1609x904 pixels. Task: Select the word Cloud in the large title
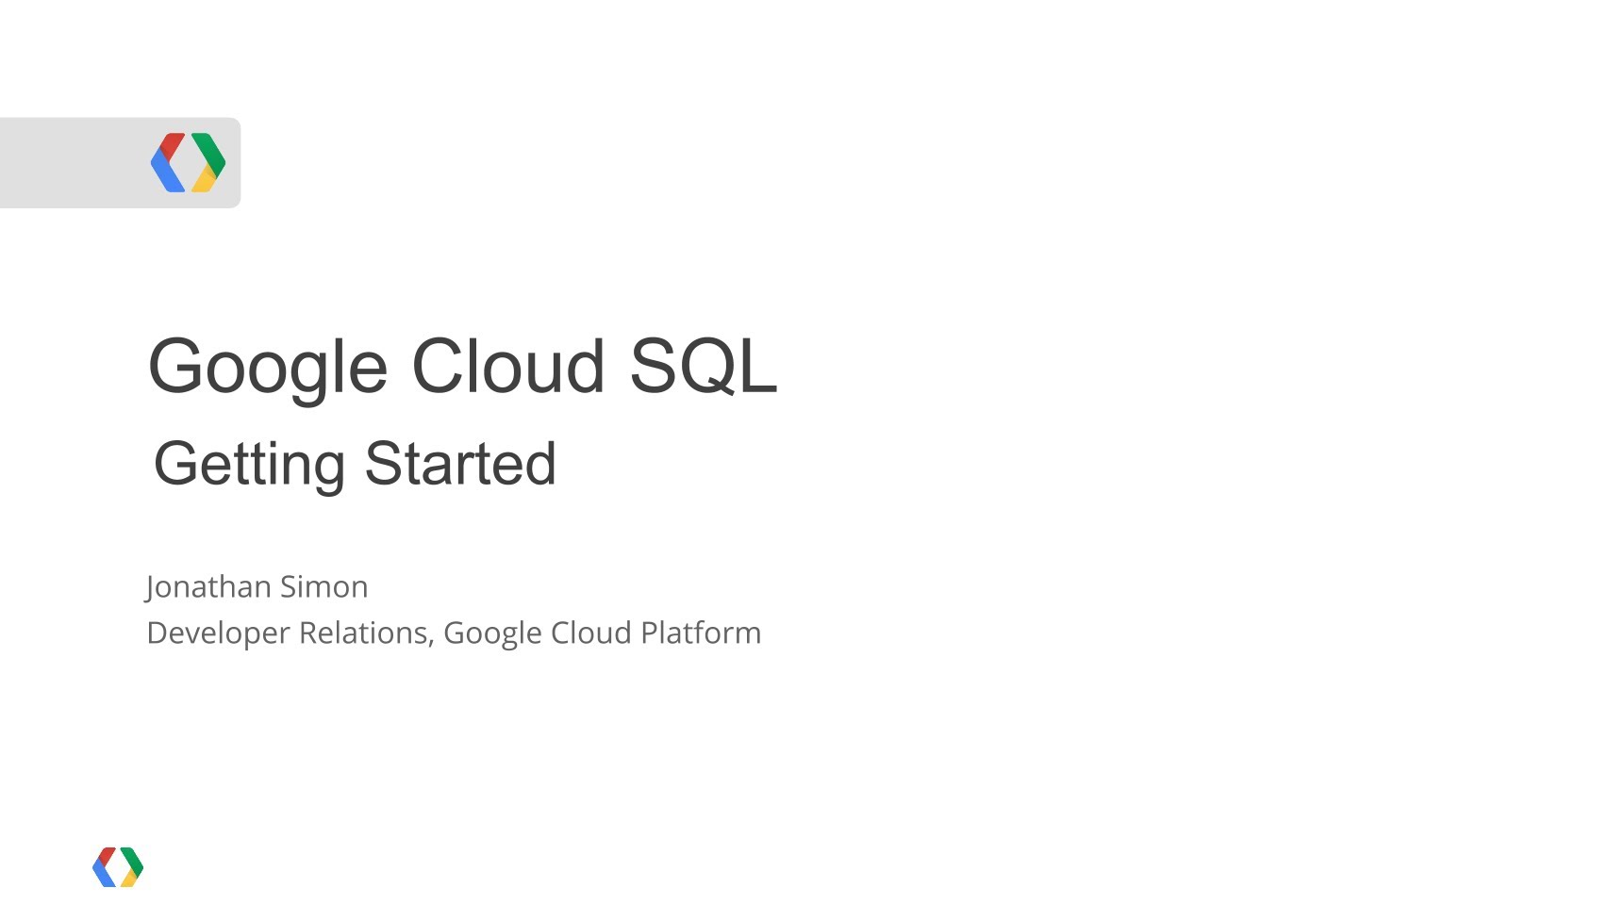pyautogui.click(x=507, y=366)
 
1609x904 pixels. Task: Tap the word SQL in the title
pyautogui.click(x=704, y=366)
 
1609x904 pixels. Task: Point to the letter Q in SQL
pyautogui.click(x=704, y=367)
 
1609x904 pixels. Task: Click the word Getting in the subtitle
pyautogui.click(x=250, y=466)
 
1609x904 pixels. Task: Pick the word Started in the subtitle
pyautogui.click(x=460, y=463)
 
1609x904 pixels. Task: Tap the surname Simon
pyautogui.click(x=323, y=586)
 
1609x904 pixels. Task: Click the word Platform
pyautogui.click(x=701, y=633)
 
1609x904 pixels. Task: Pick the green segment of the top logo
pyautogui.click(x=209, y=152)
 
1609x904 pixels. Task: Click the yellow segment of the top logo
pyautogui.click(x=205, y=180)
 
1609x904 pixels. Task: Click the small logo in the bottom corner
pyautogui.click(x=118, y=866)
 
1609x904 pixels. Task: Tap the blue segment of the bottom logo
pyautogui.click(x=104, y=873)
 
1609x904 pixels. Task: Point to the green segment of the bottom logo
pyautogui.click(x=132, y=861)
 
